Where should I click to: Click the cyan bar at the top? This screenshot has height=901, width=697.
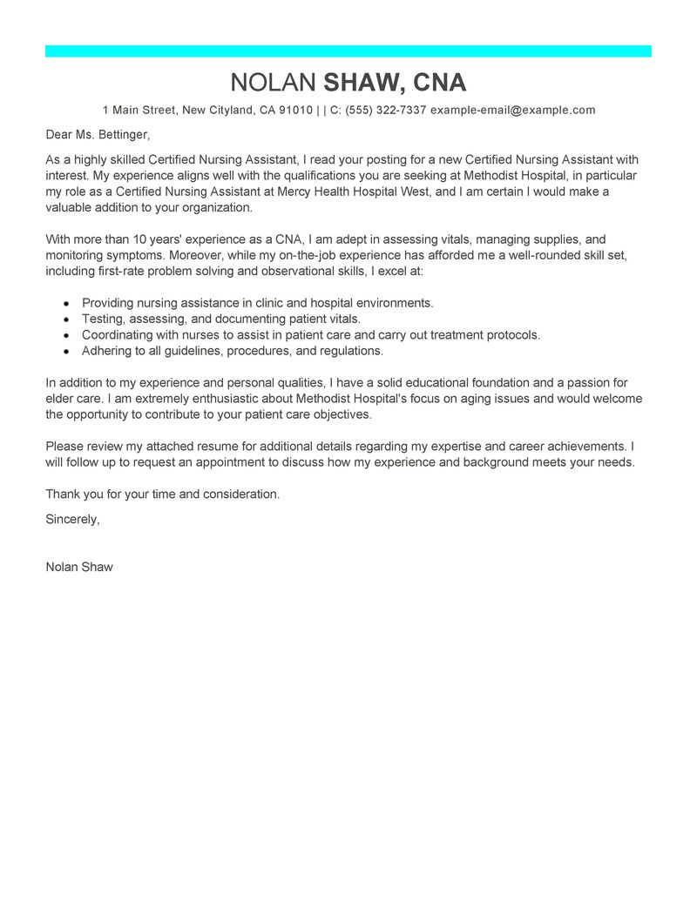(348, 51)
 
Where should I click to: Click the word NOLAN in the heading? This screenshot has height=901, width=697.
(274, 83)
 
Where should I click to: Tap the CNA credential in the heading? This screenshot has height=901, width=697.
(439, 83)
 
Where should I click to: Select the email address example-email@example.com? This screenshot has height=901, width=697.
(512, 111)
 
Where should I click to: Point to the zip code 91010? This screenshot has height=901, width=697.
(295, 111)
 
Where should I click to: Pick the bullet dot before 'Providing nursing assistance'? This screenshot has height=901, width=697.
(66, 304)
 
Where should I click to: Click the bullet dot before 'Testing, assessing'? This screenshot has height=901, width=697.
(66, 319)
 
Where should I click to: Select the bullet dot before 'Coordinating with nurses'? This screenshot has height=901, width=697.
(66, 335)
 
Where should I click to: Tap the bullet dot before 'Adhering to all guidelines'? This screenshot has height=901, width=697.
(66, 352)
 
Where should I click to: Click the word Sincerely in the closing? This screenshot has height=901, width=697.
(72, 519)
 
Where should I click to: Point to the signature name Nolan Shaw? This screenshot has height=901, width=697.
(79, 567)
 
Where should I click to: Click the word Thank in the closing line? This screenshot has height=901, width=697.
(63, 494)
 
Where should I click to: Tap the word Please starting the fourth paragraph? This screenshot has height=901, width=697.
(66, 447)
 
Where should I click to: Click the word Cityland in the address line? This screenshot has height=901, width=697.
(232, 111)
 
